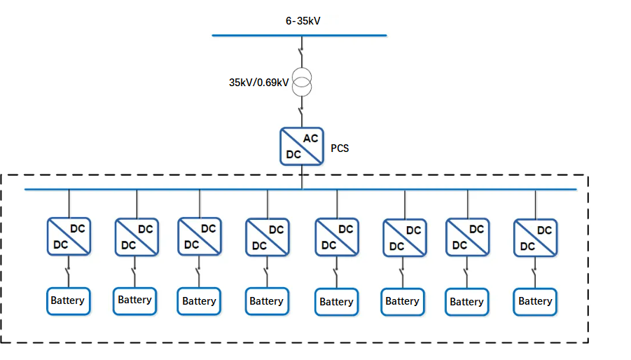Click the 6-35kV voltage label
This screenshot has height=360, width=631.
point(303,21)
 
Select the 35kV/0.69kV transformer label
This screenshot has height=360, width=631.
point(259,82)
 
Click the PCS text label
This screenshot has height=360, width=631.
point(340,148)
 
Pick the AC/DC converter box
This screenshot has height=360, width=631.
point(302,146)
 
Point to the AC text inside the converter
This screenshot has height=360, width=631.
point(310,139)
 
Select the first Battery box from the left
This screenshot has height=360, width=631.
point(67,301)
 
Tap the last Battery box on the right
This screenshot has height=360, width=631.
point(535,302)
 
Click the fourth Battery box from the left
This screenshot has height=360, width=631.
point(266,302)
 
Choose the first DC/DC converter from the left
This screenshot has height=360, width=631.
point(68,237)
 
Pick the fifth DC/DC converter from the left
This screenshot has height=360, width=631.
point(336,238)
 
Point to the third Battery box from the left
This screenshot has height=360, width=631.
point(199,302)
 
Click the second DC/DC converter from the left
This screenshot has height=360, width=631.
point(136,238)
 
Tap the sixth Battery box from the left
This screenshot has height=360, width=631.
point(402,302)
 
